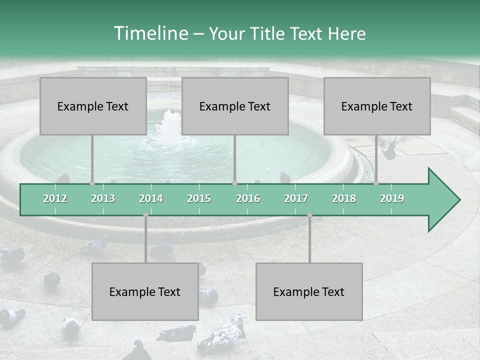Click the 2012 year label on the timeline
55,198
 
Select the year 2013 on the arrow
103,198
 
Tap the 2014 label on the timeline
151,198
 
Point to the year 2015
199,198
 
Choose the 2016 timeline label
248,198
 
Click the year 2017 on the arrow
296,198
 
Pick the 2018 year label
344,198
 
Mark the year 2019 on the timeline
392,198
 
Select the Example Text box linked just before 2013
93,106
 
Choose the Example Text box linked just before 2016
235,106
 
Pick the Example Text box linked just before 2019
377,106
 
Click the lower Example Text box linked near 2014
145,291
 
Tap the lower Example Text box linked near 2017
309,291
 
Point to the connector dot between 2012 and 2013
92,183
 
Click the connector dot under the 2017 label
309,215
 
